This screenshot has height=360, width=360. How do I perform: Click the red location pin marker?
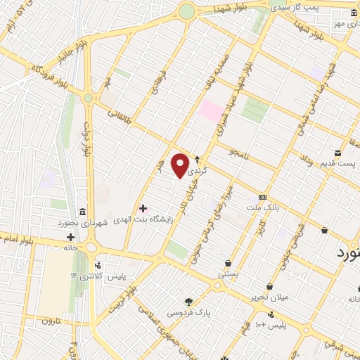181,165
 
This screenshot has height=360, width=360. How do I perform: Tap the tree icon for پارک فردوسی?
188,301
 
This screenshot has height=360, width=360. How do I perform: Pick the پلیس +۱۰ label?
270,324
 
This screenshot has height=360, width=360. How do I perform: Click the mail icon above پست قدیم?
338,153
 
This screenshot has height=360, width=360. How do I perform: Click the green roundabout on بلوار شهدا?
186,11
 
